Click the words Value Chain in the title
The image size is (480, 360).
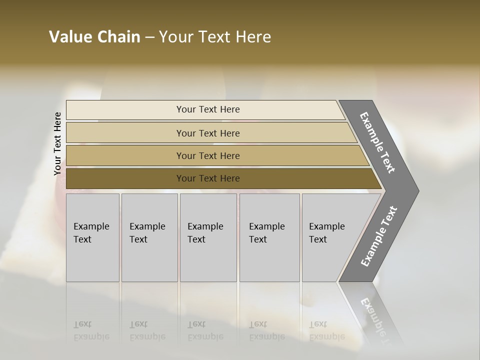94,37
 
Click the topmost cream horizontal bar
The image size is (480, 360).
125,110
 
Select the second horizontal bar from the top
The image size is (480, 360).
125,133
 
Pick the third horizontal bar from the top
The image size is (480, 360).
125,155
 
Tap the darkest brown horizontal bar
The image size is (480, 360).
125,178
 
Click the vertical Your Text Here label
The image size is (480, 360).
57,144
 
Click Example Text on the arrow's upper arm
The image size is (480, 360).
378,142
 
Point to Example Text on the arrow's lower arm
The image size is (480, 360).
379,236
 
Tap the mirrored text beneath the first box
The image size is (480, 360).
91,330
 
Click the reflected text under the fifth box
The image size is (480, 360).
326,330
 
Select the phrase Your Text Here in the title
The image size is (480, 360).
215,37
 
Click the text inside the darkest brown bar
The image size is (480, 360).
208,178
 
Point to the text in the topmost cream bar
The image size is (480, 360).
208,109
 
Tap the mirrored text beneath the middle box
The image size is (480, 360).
205,330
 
